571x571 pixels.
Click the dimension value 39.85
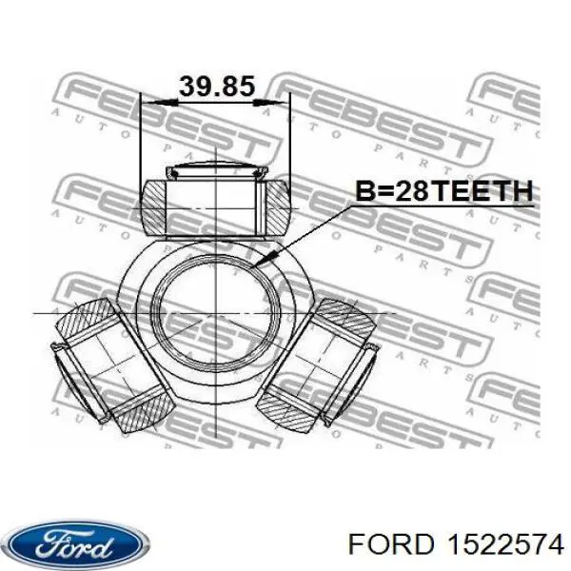click(216, 87)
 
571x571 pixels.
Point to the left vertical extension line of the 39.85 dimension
click(141, 143)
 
